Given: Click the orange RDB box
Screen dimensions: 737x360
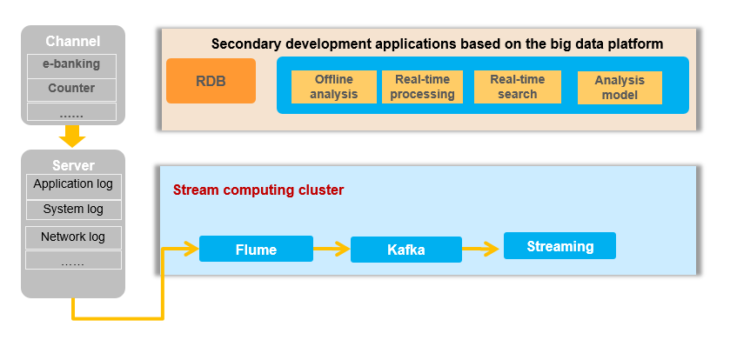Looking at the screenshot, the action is [x=211, y=81].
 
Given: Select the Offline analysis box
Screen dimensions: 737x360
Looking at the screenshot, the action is [x=334, y=87].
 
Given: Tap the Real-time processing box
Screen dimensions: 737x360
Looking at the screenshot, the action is [x=422, y=87].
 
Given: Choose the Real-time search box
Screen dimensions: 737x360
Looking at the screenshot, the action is [x=518, y=87].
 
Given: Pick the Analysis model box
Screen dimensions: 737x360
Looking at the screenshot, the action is [x=620, y=88].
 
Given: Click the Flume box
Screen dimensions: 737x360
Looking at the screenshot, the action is [x=256, y=249].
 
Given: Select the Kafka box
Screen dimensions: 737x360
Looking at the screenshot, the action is [x=406, y=250].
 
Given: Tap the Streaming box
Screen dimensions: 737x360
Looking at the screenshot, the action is [x=559, y=246].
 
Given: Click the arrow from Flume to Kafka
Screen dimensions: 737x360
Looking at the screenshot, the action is [x=332, y=249].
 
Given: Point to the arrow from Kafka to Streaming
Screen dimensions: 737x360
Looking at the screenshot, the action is [x=480, y=249].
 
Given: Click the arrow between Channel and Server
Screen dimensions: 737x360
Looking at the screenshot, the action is [x=72, y=136].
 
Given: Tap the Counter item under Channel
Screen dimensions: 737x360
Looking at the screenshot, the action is [x=71, y=90].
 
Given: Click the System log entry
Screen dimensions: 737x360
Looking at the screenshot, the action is [x=73, y=210].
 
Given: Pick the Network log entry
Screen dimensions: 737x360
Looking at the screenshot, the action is [x=73, y=237].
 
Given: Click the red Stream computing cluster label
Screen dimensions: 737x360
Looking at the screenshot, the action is [x=258, y=190].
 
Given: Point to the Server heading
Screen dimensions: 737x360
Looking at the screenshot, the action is [x=73, y=165].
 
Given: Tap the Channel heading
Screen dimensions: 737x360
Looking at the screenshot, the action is [x=73, y=42].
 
